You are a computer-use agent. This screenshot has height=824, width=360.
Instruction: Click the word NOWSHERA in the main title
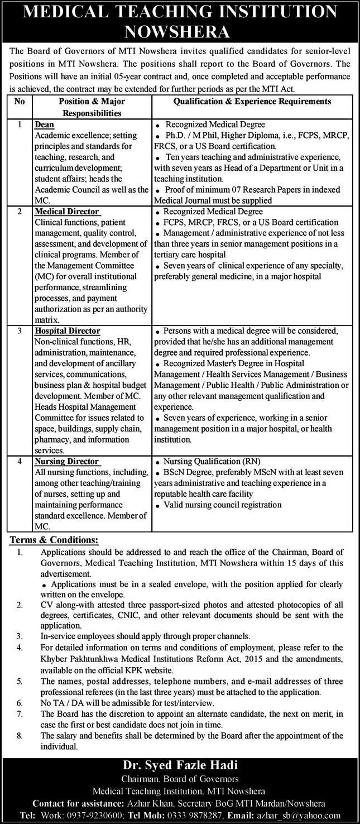(180, 31)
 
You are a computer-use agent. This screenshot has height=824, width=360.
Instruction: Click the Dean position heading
(44, 124)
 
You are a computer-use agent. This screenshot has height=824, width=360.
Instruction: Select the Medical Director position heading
(66, 212)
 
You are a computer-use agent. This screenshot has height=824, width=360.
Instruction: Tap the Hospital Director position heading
(67, 331)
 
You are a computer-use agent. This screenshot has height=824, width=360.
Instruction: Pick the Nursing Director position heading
(66, 461)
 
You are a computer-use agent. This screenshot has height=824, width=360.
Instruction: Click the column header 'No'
(20, 101)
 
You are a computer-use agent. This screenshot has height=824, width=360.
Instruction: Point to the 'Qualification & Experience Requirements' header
(252, 101)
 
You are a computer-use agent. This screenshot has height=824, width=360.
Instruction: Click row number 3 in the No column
(20, 331)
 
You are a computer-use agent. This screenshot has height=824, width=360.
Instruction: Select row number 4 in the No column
(20, 461)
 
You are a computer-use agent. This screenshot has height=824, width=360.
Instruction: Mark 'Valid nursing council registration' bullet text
(223, 505)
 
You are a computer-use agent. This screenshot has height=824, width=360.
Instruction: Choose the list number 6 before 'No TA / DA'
(20, 703)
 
